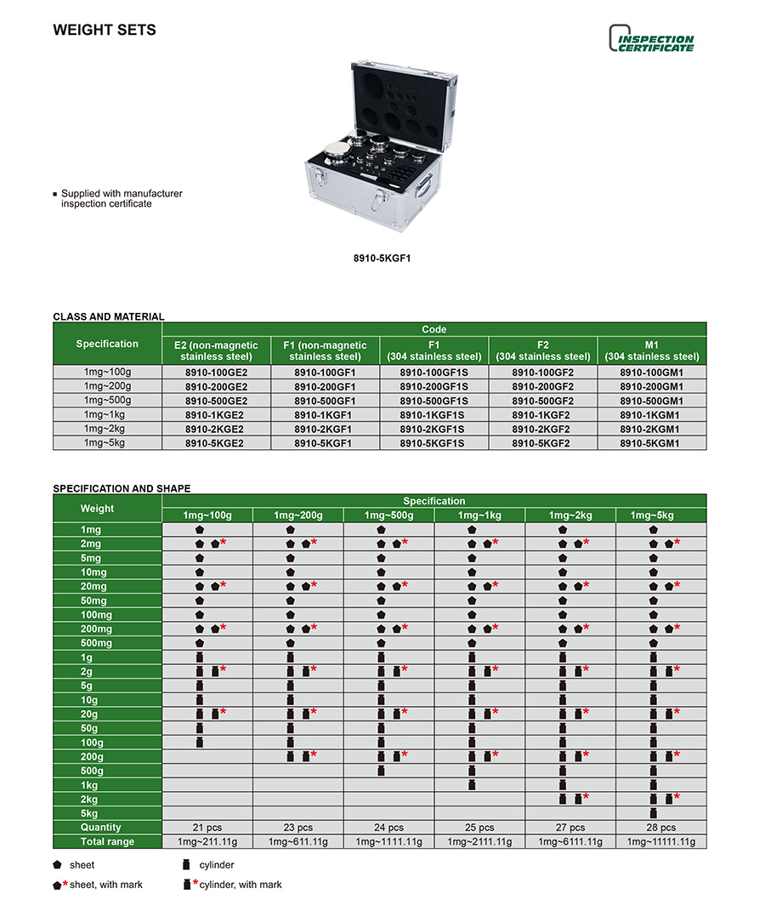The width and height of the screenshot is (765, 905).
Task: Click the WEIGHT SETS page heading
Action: coord(105,31)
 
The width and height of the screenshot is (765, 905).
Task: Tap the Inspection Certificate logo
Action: coord(651,38)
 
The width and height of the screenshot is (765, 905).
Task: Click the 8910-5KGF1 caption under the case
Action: coord(382,257)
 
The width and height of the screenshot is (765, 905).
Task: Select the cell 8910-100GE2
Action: coord(216,373)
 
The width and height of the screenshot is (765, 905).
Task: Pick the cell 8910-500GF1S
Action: coord(433,401)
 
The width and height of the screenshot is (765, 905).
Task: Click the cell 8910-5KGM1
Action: coord(651,443)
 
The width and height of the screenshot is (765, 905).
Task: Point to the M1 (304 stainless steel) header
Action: coord(651,350)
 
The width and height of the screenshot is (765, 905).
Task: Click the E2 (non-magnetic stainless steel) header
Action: coord(216,350)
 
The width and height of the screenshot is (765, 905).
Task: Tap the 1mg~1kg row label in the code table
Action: coord(107,415)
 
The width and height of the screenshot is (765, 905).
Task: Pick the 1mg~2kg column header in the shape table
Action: coord(570,515)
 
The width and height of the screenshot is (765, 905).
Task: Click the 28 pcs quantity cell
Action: coord(661,828)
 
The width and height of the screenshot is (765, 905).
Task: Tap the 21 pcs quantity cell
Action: coord(207,828)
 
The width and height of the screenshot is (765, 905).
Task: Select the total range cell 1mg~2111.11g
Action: coord(479,842)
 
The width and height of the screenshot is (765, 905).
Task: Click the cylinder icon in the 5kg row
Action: coord(653,813)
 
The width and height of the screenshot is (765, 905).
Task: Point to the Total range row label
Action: coord(107,842)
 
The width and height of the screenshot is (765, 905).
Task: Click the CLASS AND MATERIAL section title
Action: coord(109,316)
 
